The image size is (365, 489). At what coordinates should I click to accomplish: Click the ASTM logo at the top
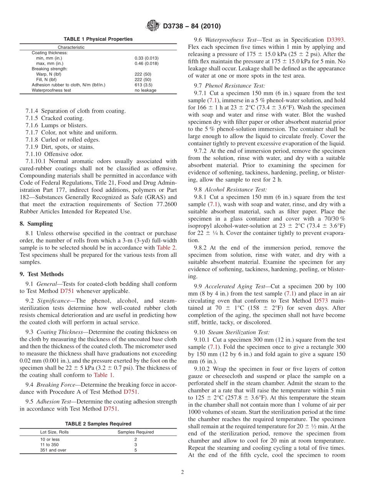pyautogui.click(x=153, y=26)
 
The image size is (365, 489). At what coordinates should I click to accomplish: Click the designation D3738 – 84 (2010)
pyautogui.click(x=192, y=27)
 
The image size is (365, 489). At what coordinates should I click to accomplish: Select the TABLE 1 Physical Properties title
pyautogui.click(x=98, y=39)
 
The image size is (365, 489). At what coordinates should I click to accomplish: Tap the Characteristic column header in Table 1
pyautogui.click(x=71, y=47)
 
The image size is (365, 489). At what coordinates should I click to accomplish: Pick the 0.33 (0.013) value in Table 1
pyautogui.click(x=146, y=58)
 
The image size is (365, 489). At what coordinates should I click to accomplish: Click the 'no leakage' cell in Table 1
pyautogui.click(x=145, y=90)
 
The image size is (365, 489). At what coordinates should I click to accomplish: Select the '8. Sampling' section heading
pyautogui.click(x=36, y=224)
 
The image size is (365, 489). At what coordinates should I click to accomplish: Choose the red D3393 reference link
pyautogui.click(x=336, y=40)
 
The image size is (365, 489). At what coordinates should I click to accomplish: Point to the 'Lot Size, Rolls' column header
pyautogui.click(x=55, y=432)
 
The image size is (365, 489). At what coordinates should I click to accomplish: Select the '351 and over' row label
pyautogui.click(x=53, y=450)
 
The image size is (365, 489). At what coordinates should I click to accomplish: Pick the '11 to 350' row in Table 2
pyautogui.click(x=50, y=445)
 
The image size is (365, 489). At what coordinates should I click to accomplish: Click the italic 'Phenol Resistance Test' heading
pyautogui.click(x=235, y=86)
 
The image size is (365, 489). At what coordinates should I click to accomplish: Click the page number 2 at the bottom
pyautogui.click(x=182, y=472)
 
